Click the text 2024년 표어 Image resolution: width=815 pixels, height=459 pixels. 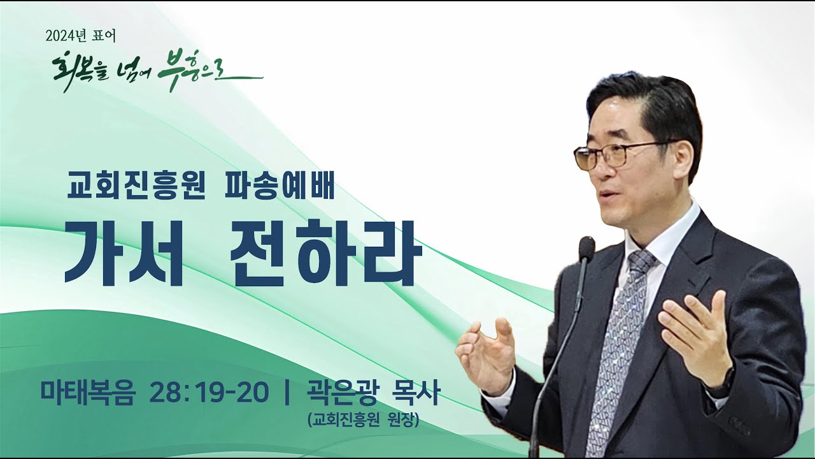coord(81,36)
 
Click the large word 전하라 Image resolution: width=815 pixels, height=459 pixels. coord(326,253)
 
